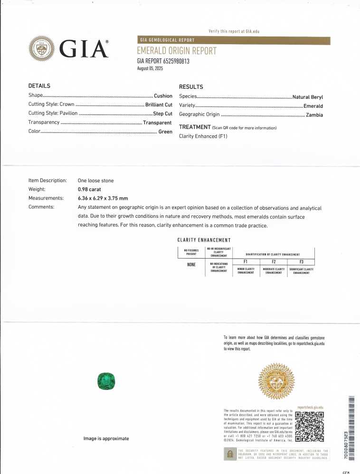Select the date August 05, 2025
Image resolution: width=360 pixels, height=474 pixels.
tap(150, 68)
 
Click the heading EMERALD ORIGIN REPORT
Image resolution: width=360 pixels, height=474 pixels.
tap(177, 51)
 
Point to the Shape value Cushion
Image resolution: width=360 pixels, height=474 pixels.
tap(163, 96)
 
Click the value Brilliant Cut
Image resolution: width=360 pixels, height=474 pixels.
tap(159, 104)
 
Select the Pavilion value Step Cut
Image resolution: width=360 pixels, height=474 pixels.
tap(162, 113)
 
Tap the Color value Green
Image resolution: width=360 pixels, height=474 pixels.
tap(165, 131)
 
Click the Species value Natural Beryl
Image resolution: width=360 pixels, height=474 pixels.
tap(307, 97)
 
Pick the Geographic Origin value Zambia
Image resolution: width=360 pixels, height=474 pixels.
tap(314, 115)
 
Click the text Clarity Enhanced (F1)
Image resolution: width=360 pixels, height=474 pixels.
tap(203, 136)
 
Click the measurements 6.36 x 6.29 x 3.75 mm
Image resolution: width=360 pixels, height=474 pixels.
tap(103, 198)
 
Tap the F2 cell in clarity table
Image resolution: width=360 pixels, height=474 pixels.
tap(273, 262)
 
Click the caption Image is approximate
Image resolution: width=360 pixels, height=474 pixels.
tap(106, 438)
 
